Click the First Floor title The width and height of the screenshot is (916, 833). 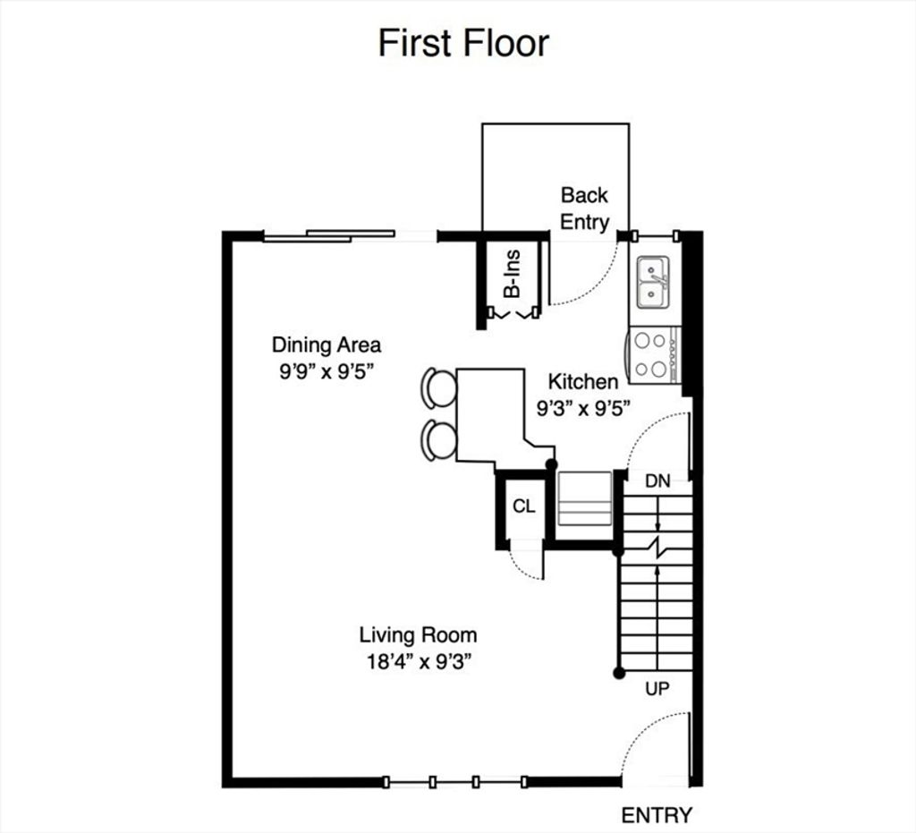[463, 43]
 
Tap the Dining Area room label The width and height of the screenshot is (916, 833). [326, 344]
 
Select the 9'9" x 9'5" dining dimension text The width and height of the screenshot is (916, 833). [326, 371]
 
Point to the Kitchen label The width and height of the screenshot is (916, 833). [582, 381]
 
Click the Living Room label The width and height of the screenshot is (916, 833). [418, 634]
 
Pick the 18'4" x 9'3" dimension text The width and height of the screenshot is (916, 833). [419, 661]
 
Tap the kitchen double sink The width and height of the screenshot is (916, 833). [653, 282]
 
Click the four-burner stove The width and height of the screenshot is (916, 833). [654, 354]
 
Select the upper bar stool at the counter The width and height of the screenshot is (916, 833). [438, 387]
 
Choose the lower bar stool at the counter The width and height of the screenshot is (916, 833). [438, 440]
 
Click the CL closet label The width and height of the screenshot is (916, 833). [523, 506]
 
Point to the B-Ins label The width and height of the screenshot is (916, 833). [512, 274]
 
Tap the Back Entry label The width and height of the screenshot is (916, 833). [584, 208]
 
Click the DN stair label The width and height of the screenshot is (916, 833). [657, 481]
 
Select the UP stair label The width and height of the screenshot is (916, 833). [657, 689]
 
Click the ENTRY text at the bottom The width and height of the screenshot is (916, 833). [657, 815]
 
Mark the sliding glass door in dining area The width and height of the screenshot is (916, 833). [329, 235]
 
